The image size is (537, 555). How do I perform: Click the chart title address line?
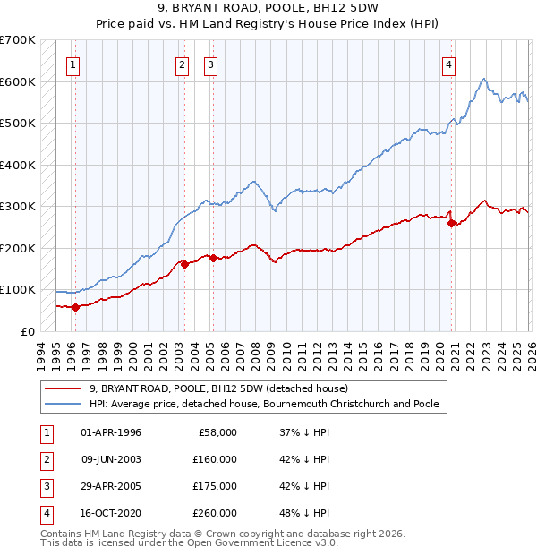pos(268,9)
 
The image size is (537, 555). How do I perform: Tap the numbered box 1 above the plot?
pos(72,64)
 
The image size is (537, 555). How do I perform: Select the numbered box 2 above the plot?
pos(182,64)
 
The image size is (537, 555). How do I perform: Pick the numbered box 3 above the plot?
pos(210,64)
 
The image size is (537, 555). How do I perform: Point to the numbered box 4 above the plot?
pos(448,64)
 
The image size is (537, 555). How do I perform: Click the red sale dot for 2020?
pos(451,223)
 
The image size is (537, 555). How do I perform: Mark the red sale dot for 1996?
pos(75,307)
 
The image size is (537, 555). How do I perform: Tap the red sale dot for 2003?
pos(184,264)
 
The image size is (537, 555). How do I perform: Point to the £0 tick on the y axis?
pos(27,331)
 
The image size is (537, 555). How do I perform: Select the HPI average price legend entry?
pos(264,404)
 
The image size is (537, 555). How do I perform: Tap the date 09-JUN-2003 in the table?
pos(111,459)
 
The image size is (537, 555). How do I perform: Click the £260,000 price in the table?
pos(215,513)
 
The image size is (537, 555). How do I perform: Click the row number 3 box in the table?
pos(44,486)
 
